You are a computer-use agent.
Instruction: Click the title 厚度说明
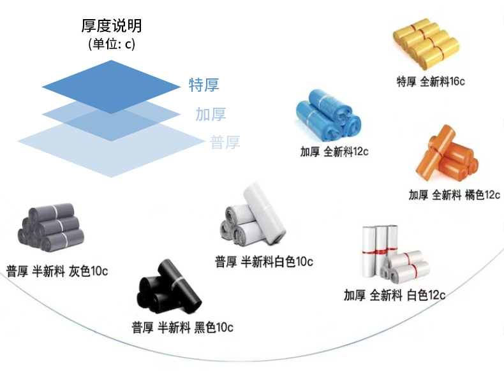click(x=112, y=26)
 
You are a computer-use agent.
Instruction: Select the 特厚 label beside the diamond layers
click(x=204, y=85)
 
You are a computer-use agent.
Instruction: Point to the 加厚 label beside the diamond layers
click(x=211, y=115)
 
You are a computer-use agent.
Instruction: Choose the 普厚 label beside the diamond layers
click(x=225, y=143)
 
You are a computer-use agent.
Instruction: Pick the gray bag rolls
click(x=49, y=227)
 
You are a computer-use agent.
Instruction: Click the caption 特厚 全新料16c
click(x=430, y=82)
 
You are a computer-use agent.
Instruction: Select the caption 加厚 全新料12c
click(x=334, y=152)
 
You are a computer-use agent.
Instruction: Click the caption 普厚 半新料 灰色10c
click(x=57, y=270)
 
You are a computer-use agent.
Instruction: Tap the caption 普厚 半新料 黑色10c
click(x=182, y=328)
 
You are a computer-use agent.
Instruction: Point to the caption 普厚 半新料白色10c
click(x=263, y=261)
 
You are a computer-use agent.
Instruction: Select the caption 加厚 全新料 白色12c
click(x=394, y=295)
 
